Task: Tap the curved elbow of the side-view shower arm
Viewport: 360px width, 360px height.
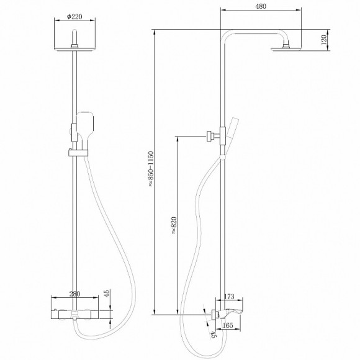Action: point(227,35)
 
